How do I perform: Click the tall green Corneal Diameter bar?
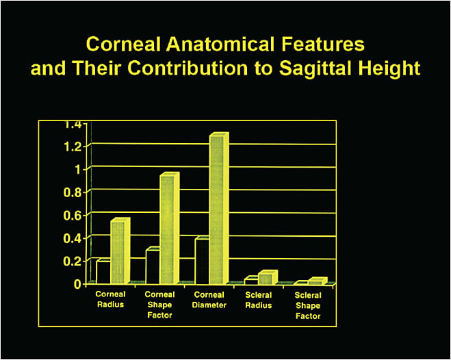click(x=216, y=209)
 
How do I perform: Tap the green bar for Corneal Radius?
click(x=118, y=252)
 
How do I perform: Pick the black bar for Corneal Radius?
click(x=103, y=272)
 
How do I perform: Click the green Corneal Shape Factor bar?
click(x=168, y=229)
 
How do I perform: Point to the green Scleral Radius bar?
click(x=265, y=279)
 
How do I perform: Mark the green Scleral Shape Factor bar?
click(x=314, y=281)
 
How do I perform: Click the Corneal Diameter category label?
click(x=209, y=299)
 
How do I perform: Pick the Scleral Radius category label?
click(x=259, y=299)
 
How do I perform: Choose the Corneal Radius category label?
click(x=110, y=299)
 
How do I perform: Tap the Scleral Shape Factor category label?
click(x=307, y=305)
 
